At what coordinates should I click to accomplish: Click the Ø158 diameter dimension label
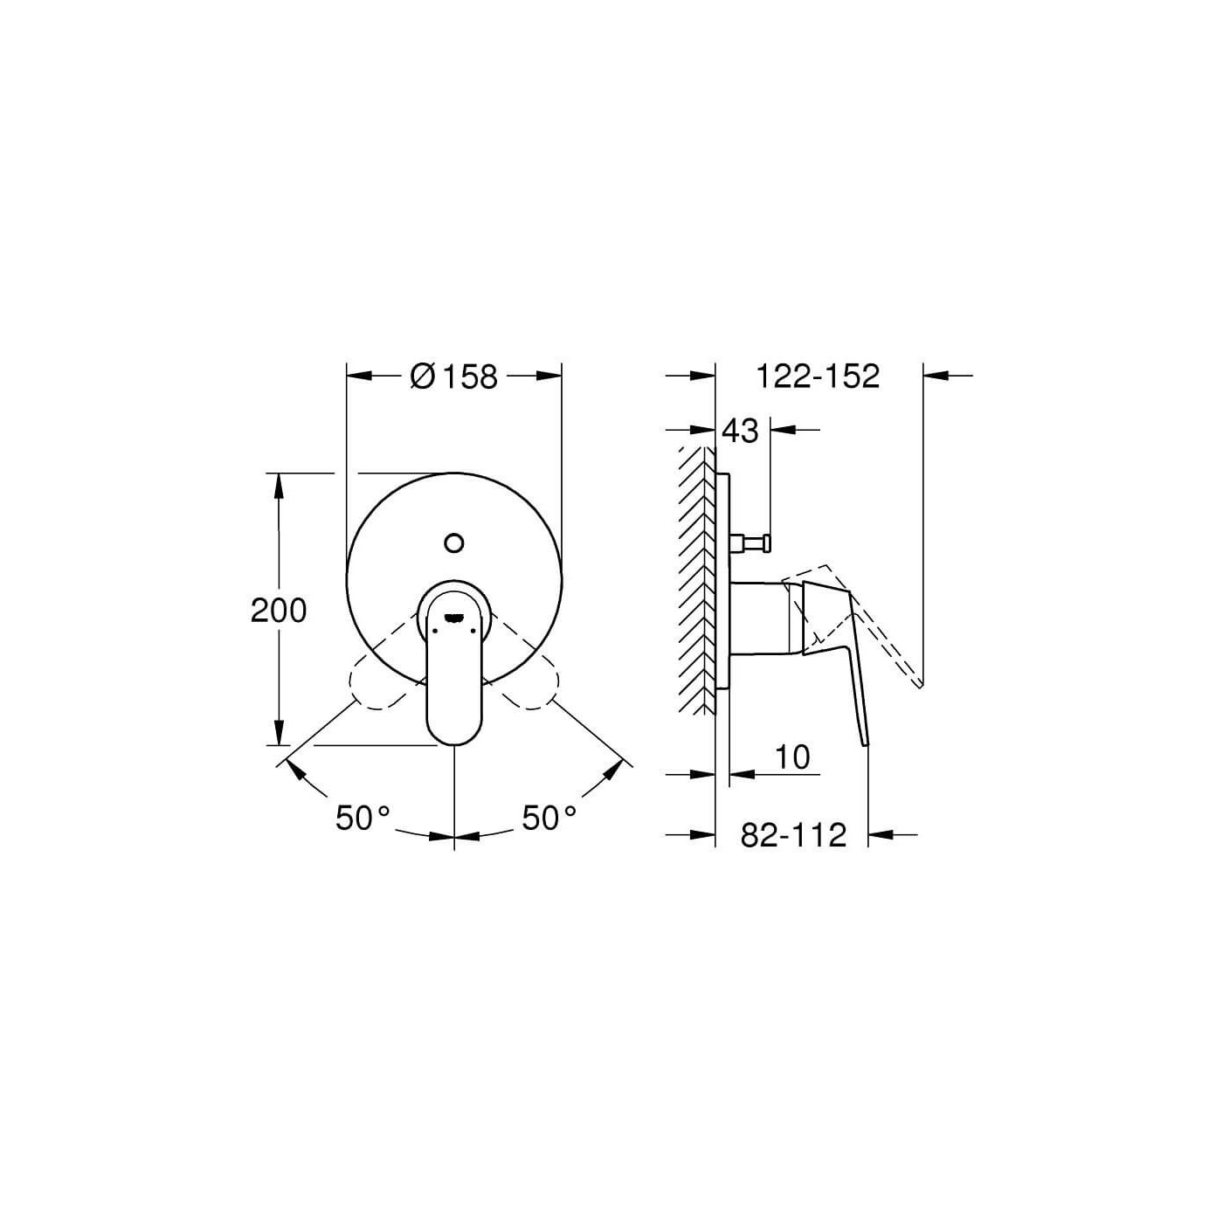point(453,377)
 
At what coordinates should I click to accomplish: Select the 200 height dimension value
point(279,611)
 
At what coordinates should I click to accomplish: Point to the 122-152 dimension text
point(818,377)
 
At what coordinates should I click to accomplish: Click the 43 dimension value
point(741,431)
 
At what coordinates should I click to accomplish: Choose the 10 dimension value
point(792,757)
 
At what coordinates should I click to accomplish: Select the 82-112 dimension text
point(793,835)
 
